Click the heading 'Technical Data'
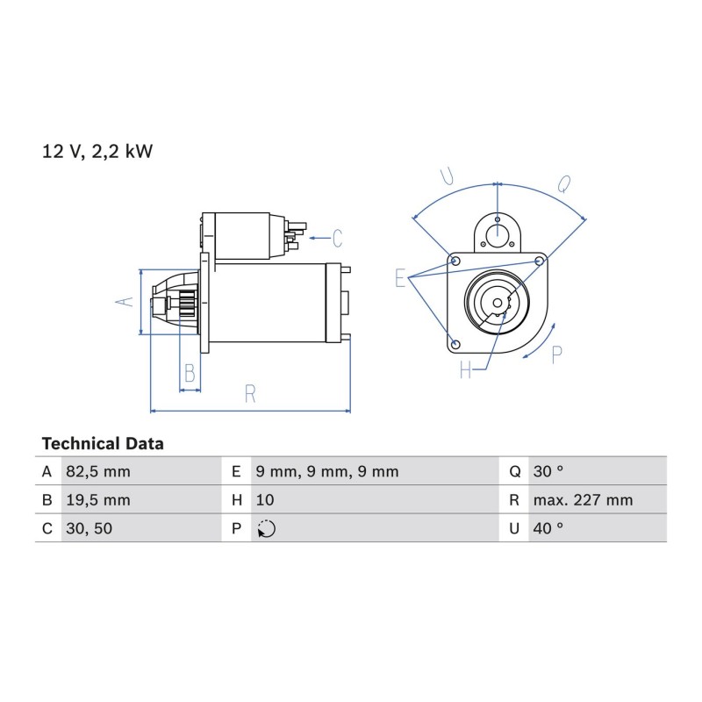(103, 444)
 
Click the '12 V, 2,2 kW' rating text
(97, 151)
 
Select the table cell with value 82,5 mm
(98, 471)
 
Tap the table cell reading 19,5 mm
(98, 499)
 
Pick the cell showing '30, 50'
(90, 528)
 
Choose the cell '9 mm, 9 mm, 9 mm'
(327, 471)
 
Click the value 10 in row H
(265, 499)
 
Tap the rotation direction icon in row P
(267, 529)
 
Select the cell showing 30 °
(548, 471)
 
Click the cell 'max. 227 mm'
(583, 499)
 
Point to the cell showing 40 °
(548, 528)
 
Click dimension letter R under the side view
(250, 394)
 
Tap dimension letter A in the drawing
(125, 302)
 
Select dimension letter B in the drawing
(190, 373)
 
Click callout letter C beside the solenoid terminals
(338, 238)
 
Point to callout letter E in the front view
(400, 277)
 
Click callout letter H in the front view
(466, 369)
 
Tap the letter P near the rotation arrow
(556, 355)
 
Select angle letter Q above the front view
(563, 183)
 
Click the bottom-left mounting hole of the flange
(455, 344)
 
